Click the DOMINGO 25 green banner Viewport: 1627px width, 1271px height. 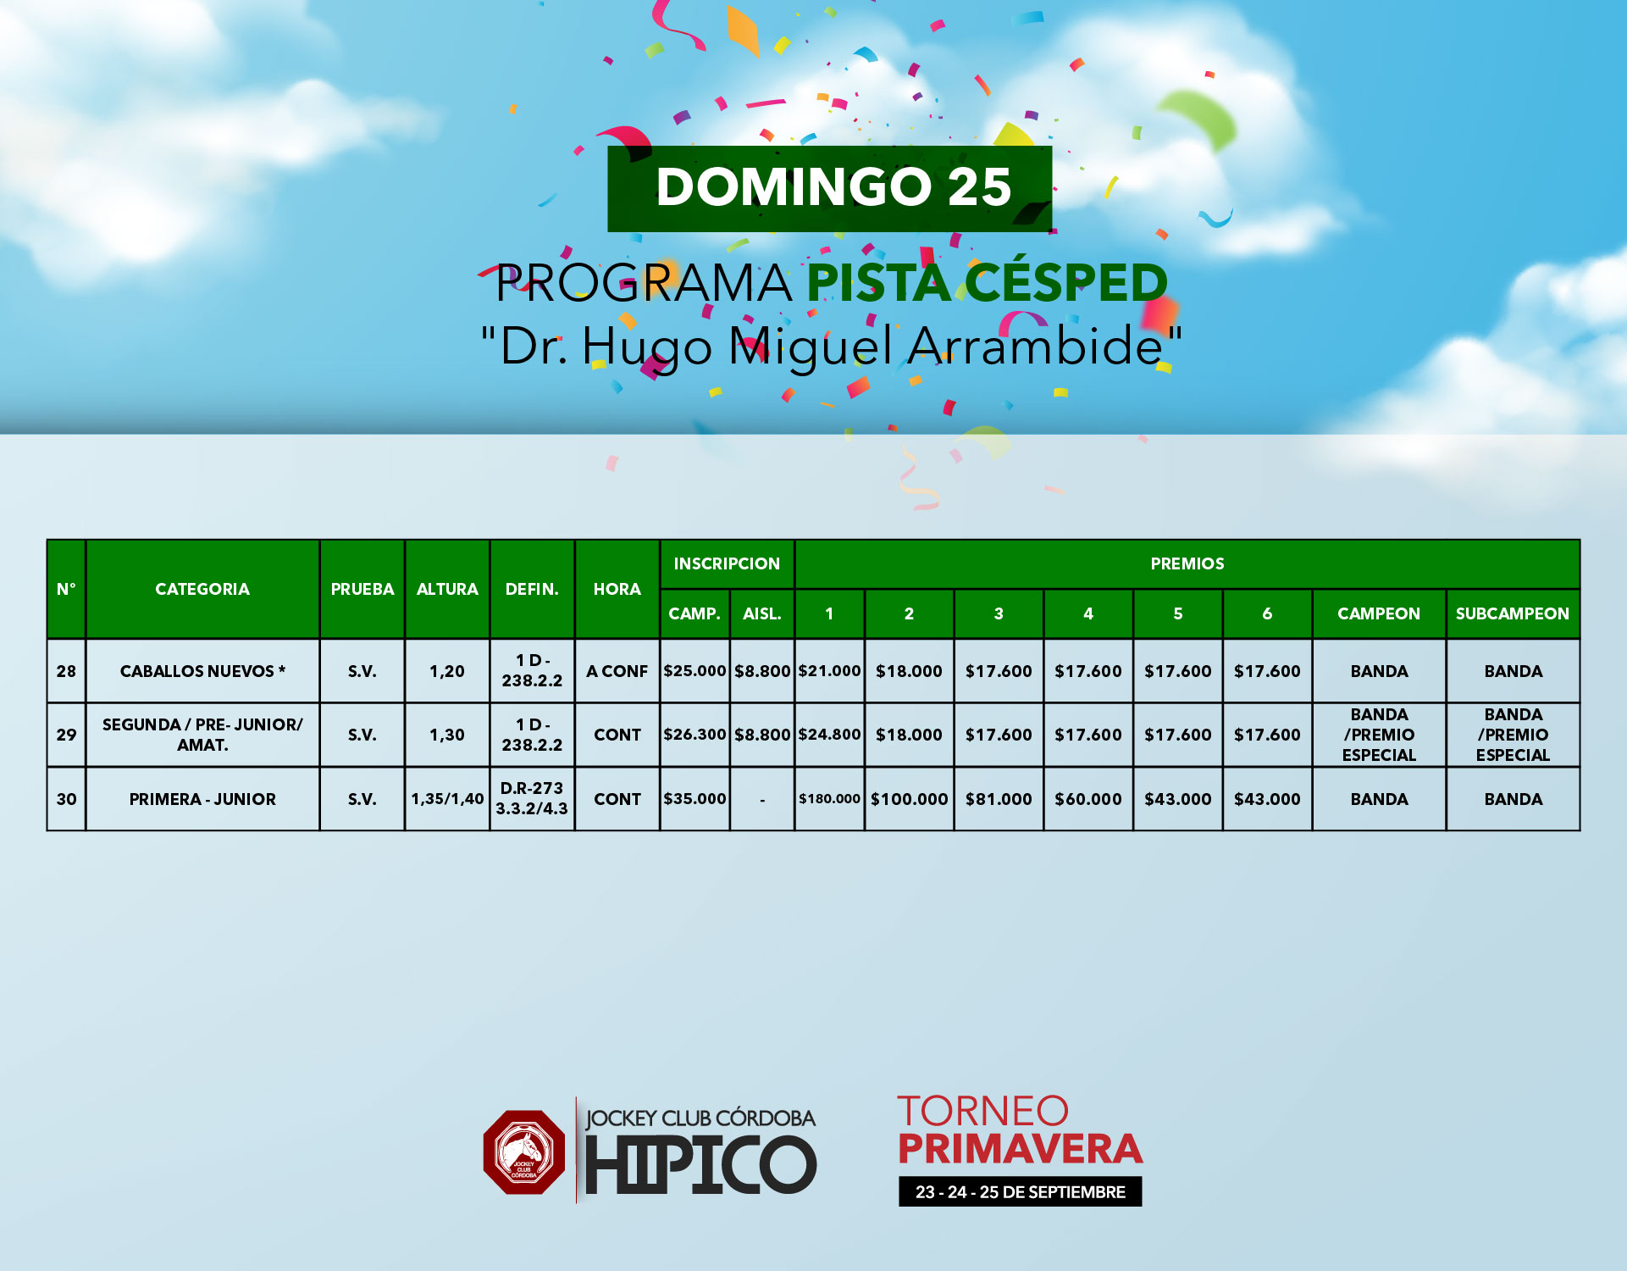(829, 188)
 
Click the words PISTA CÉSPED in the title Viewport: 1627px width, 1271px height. (988, 282)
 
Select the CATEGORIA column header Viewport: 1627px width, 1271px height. (202, 589)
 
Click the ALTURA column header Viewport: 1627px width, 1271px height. (447, 589)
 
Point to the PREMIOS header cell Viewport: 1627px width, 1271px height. (1187, 563)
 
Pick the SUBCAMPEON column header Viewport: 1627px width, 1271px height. (1513, 613)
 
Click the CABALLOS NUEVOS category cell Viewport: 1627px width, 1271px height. (202, 671)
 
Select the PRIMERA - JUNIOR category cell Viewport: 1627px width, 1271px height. (202, 799)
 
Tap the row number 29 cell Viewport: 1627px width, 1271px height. (66, 735)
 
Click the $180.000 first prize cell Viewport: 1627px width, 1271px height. (829, 799)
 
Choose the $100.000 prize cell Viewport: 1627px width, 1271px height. (909, 799)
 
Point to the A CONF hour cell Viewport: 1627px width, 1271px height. (617, 671)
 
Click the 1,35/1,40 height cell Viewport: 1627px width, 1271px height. (447, 799)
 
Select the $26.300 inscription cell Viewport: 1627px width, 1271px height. (695, 735)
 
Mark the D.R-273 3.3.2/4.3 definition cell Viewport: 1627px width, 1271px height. (532, 799)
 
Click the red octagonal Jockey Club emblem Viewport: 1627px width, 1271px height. (524, 1152)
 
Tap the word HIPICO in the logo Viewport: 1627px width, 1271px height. (700, 1164)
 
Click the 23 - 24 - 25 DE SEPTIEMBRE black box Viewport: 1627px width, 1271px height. (1020, 1191)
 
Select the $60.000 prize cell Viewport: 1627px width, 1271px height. (1088, 799)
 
